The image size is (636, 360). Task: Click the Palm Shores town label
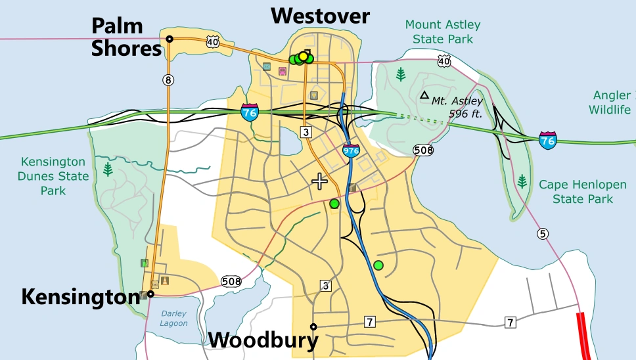(125, 37)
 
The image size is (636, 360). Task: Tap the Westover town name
(321, 16)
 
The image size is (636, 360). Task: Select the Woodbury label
(263, 340)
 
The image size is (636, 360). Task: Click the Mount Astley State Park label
(442, 32)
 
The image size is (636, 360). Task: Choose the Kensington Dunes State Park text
(54, 175)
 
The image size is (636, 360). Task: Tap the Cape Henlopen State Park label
(576, 192)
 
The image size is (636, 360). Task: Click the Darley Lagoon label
(173, 319)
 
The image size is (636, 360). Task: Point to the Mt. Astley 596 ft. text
(458, 107)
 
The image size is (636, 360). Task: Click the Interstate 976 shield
(351, 150)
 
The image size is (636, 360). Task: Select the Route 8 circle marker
(169, 80)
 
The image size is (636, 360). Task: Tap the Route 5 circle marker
(542, 233)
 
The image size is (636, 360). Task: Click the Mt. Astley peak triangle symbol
(424, 95)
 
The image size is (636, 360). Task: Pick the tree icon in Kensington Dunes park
(108, 170)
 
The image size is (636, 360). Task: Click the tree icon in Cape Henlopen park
(522, 181)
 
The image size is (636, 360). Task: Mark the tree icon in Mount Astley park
(401, 74)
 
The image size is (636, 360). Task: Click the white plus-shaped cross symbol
(320, 181)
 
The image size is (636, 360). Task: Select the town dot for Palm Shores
(170, 39)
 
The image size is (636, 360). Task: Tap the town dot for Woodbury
(313, 326)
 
